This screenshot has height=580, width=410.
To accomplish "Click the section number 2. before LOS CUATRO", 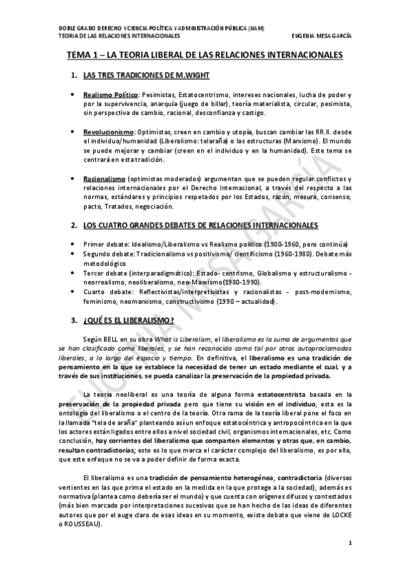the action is click(x=74, y=225).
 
